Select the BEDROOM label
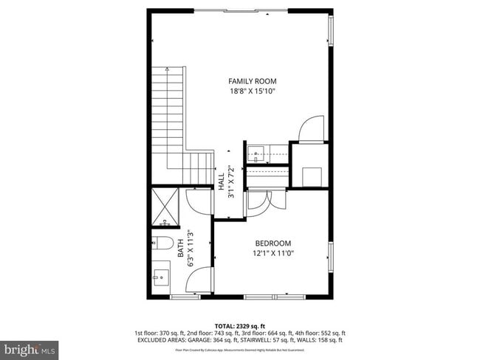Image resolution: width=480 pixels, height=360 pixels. [x=273, y=243]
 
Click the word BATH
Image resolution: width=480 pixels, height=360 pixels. [x=181, y=251]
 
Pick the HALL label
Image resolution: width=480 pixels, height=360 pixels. [x=222, y=180]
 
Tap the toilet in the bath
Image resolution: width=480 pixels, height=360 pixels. [x=164, y=243]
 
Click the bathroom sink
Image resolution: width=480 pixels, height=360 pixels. [x=161, y=279]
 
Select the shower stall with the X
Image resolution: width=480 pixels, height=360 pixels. [x=166, y=207]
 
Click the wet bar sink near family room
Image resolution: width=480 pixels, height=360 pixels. [x=257, y=153]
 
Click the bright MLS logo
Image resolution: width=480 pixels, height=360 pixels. [x=30, y=347]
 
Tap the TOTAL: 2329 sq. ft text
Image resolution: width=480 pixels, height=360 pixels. [x=240, y=325]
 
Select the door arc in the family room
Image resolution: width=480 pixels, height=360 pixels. [x=312, y=128]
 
